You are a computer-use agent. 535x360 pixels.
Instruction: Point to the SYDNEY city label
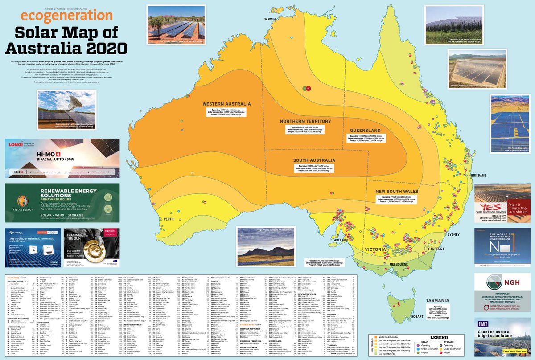[x=454, y=234]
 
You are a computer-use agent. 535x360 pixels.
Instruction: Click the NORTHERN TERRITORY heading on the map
[x=305, y=121]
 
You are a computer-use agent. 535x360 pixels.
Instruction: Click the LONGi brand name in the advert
[x=15, y=143]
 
